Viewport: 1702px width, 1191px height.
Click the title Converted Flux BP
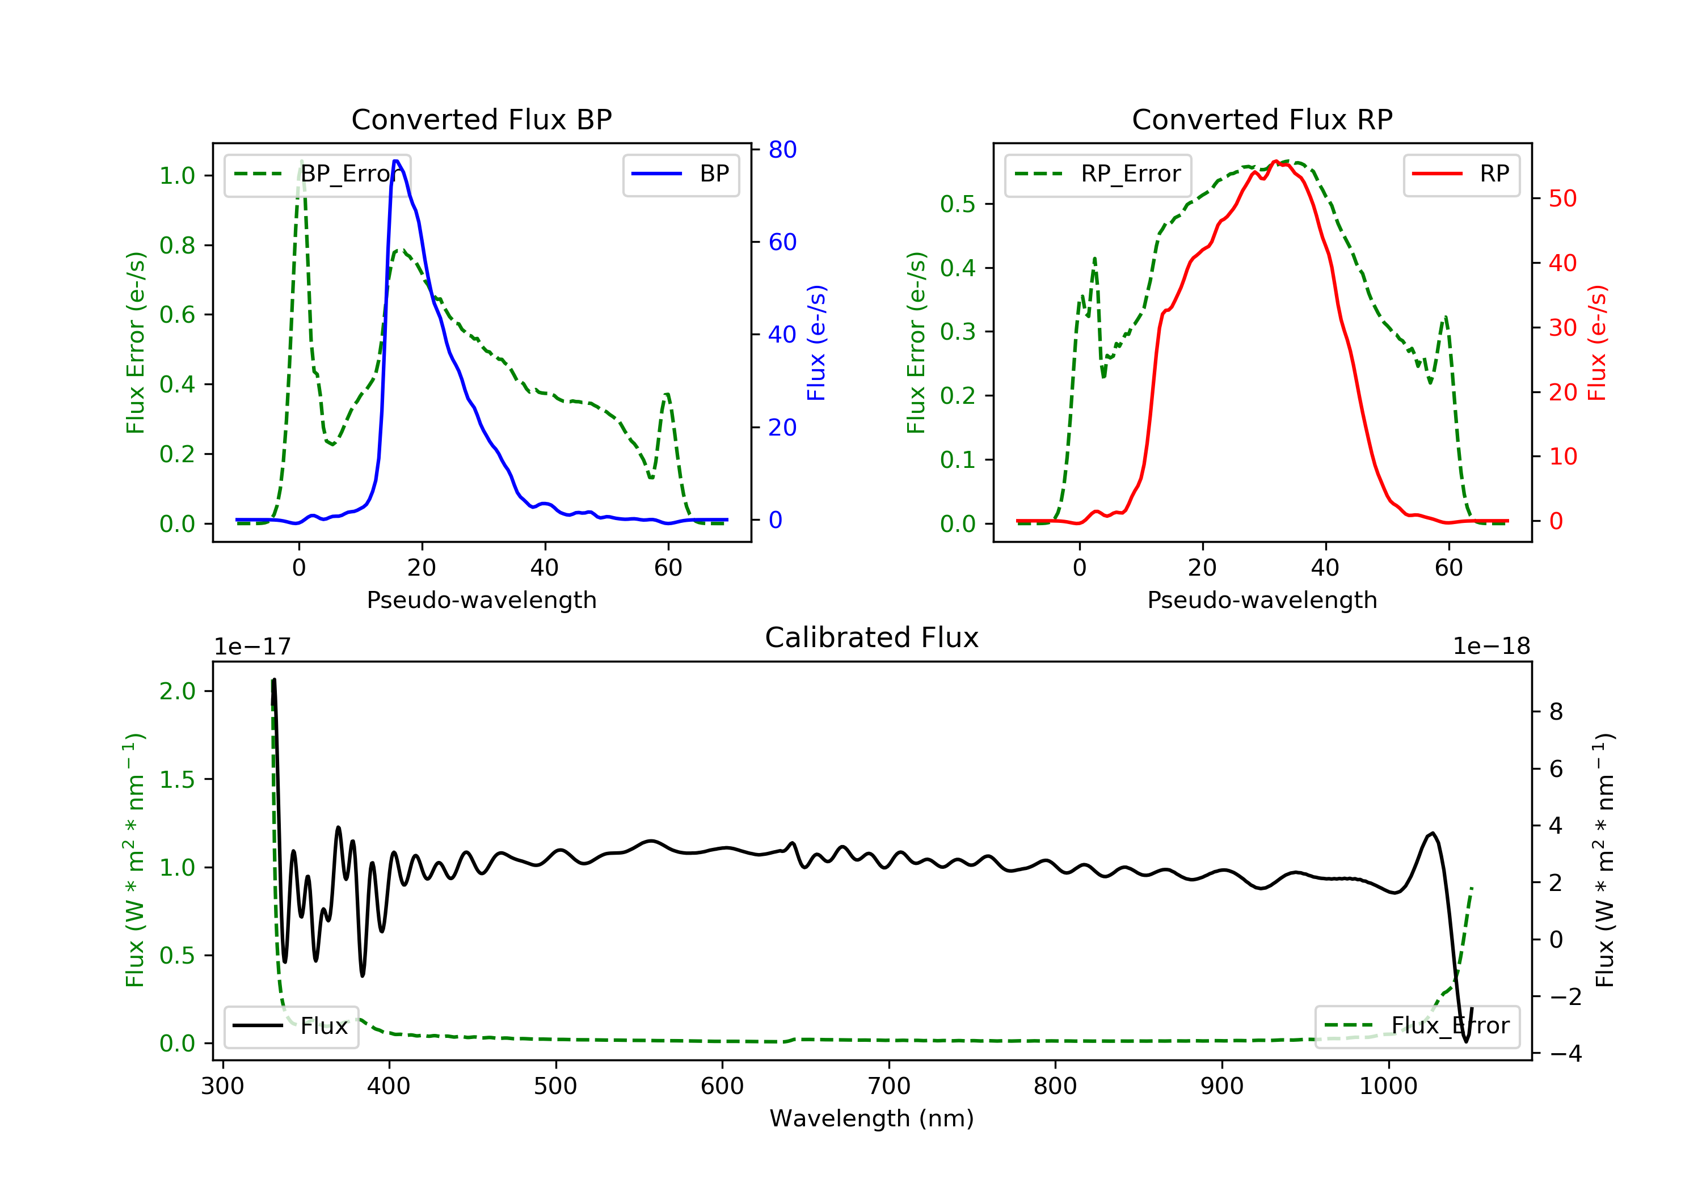click(481, 119)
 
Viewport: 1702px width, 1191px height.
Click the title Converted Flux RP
click(1262, 119)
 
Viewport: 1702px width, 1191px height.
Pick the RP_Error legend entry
click(1098, 174)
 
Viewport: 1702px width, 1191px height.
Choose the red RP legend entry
click(1461, 174)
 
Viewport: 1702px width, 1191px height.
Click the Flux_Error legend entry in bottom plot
click(1417, 1026)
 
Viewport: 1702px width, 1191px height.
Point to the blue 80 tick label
click(782, 150)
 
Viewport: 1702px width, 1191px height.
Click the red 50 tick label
click(1562, 198)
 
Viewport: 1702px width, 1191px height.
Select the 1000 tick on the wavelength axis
click(1388, 1087)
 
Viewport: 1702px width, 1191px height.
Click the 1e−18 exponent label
click(1491, 647)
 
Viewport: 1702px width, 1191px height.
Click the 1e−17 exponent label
click(252, 647)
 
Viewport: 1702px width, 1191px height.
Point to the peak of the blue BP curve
click(396, 161)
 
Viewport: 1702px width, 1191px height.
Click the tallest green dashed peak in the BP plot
click(301, 162)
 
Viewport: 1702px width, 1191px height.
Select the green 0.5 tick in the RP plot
click(957, 204)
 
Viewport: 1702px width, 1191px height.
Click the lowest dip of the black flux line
click(1465, 1041)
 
